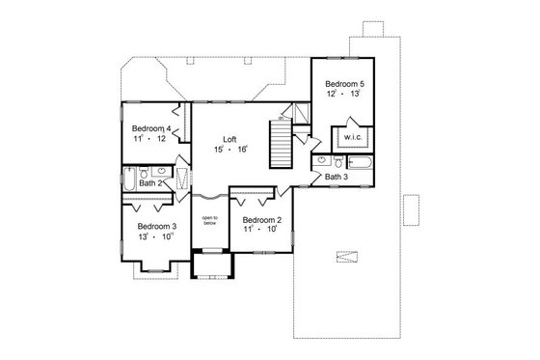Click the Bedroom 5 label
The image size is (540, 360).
click(x=342, y=84)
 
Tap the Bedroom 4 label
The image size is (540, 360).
click(x=151, y=128)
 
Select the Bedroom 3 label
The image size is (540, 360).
click(x=141, y=226)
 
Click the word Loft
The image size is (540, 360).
click(x=229, y=138)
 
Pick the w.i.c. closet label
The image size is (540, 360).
click(x=349, y=137)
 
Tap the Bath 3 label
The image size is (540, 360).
click(x=336, y=177)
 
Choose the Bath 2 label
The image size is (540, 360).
click(x=148, y=182)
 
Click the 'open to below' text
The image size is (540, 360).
click(x=209, y=222)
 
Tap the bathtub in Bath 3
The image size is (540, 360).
click(x=363, y=161)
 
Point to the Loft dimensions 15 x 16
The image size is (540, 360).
click(x=229, y=150)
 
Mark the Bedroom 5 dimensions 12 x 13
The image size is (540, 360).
click(x=342, y=96)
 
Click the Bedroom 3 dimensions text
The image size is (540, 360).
click(x=141, y=237)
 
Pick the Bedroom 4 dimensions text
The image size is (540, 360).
click(x=150, y=140)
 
